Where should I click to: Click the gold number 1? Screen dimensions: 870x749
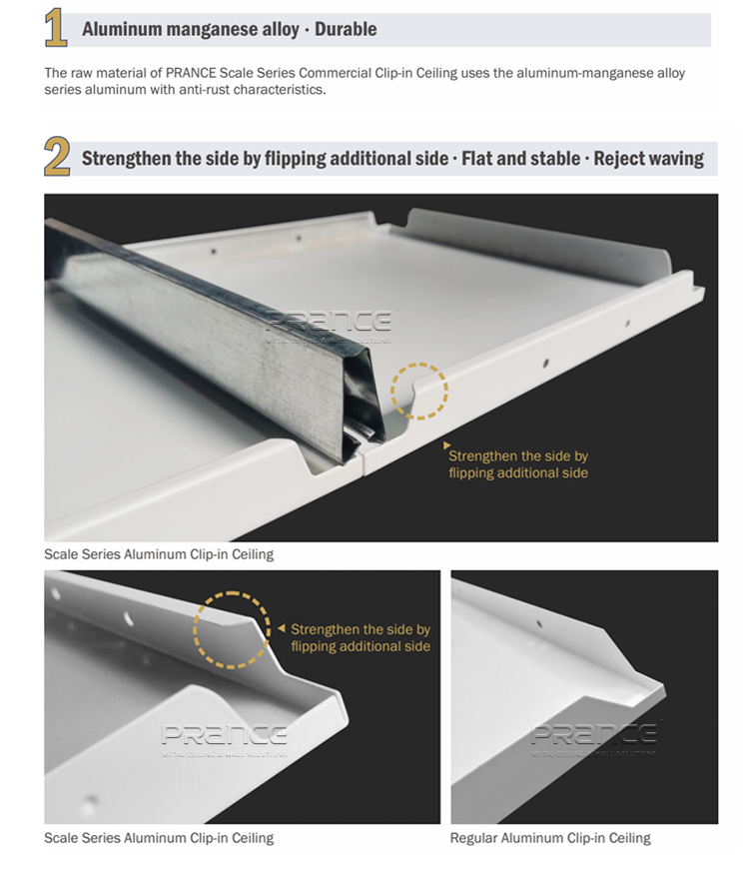tap(57, 29)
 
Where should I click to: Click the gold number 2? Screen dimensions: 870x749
tap(57, 158)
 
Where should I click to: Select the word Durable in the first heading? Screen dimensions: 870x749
tap(346, 29)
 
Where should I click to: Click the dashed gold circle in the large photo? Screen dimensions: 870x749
tap(419, 389)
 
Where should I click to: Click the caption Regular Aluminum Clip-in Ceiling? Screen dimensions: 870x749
tap(550, 838)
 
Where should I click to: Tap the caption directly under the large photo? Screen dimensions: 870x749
tap(158, 553)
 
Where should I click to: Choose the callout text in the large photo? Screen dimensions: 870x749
tap(518, 464)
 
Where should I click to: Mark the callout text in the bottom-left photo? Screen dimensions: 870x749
tap(361, 638)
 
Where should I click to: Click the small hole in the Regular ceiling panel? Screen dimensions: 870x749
tap(540, 624)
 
